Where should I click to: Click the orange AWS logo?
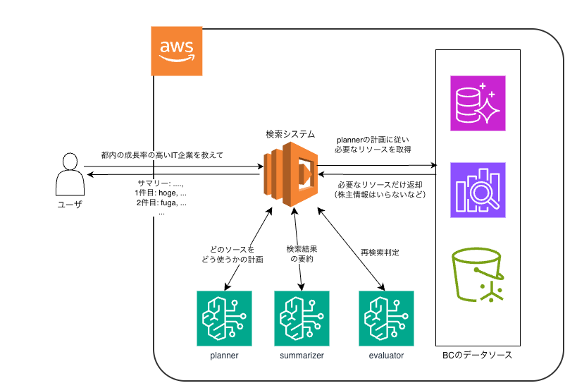point(177,51)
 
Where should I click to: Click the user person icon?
point(70,174)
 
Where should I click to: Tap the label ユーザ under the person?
point(70,205)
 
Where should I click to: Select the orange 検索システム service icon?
point(291,174)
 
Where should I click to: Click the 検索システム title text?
point(290,134)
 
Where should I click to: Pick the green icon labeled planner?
point(224,318)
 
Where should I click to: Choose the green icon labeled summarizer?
point(302,318)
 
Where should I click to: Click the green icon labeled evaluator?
point(386,318)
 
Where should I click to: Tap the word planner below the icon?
point(224,356)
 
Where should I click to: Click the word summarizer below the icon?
point(302,356)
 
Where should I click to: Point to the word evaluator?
point(386,356)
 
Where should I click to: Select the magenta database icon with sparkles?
point(478,103)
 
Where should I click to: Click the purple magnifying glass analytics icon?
point(478,190)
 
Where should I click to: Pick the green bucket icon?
point(478,275)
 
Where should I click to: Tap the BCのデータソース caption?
point(477,356)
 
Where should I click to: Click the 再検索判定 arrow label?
point(380,253)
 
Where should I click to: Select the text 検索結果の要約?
point(302,254)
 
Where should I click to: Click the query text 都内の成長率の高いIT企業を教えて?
point(162,155)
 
